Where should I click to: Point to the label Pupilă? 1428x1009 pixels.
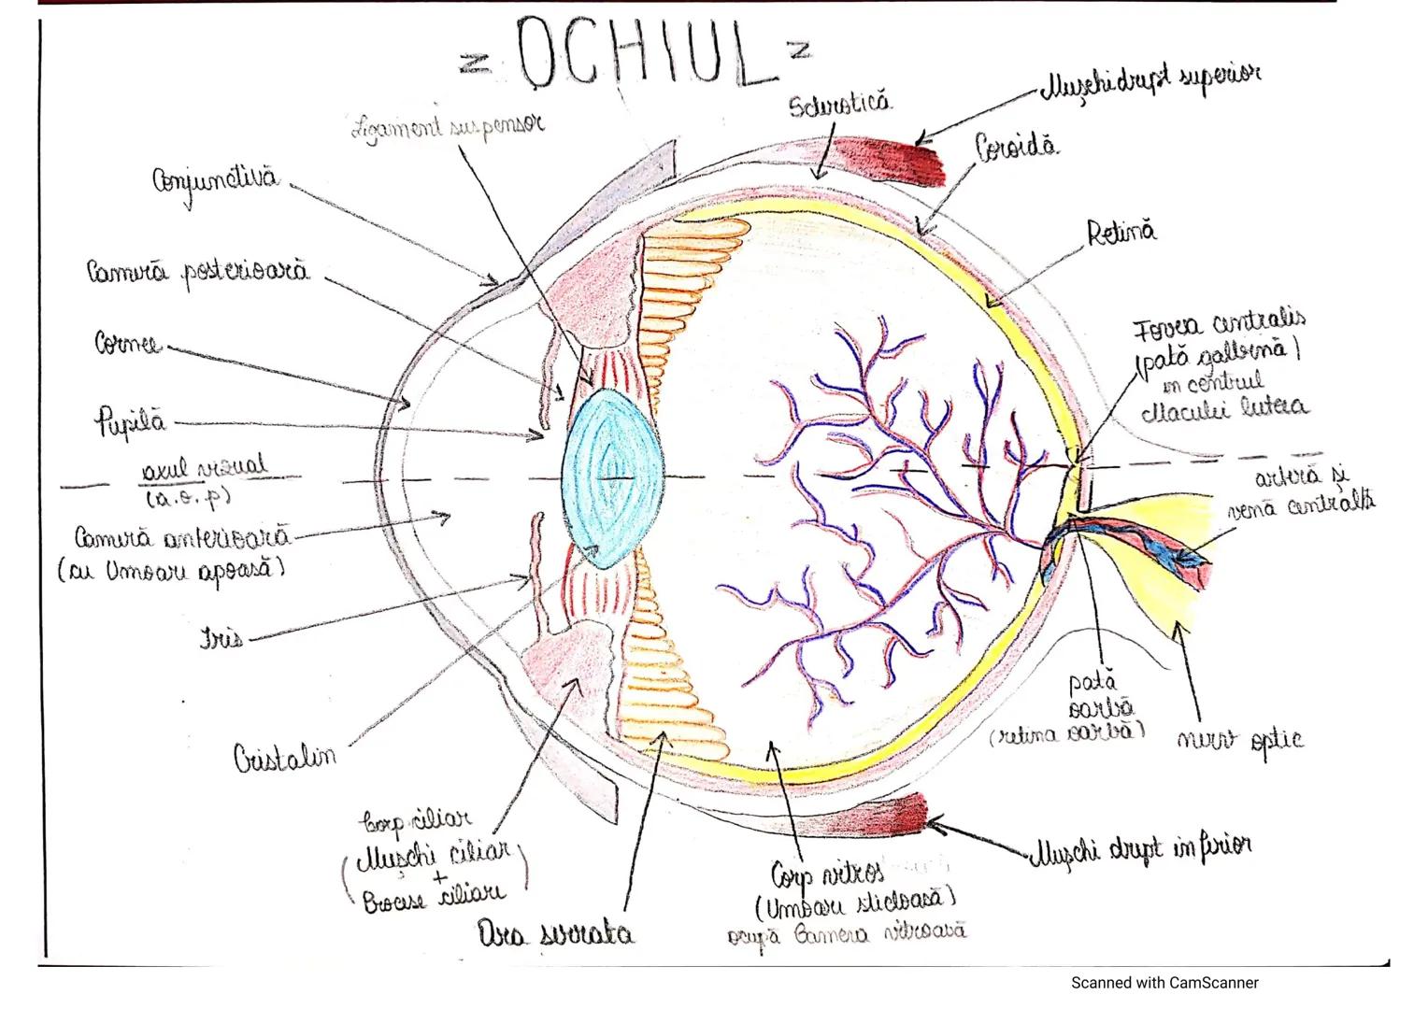pyautogui.click(x=130, y=422)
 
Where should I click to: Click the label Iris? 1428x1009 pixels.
pyautogui.click(x=221, y=638)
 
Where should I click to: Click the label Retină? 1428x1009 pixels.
pyautogui.click(x=1121, y=232)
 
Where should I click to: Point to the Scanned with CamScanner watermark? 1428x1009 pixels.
pyautogui.click(x=1164, y=983)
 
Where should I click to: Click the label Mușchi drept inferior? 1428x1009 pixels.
pyautogui.click(x=1139, y=848)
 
